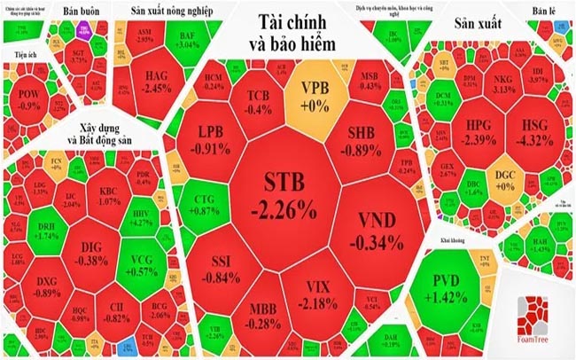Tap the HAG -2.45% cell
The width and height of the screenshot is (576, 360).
pos(157,82)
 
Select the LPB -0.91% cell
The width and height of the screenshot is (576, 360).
pos(213,140)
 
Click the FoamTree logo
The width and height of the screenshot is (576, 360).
pos(533,315)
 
